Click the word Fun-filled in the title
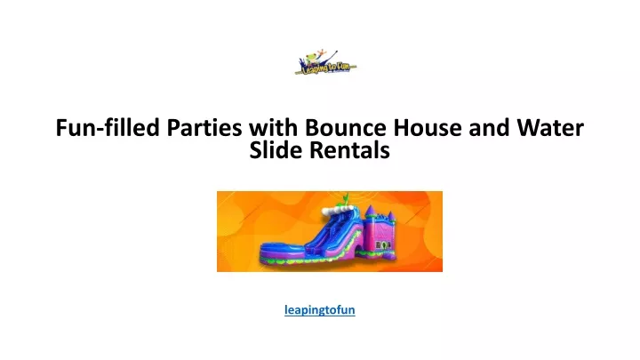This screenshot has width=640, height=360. pyautogui.click(x=108, y=127)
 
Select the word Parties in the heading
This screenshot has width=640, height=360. pyautogui.click(x=204, y=127)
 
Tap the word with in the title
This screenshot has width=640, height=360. pyautogui.click(x=274, y=127)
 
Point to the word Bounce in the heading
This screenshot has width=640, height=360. pyautogui.click(x=345, y=127)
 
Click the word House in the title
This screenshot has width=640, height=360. pyautogui.click(x=428, y=127)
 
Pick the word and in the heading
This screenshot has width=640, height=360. pyautogui.click(x=489, y=127)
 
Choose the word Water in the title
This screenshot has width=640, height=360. pyautogui.click(x=550, y=127)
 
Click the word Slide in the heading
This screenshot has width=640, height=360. pyautogui.click(x=276, y=150)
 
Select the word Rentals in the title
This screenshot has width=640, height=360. pyautogui.click(x=350, y=150)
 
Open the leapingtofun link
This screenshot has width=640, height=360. pyautogui.click(x=320, y=310)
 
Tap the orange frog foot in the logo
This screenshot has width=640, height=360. pyautogui.click(x=322, y=52)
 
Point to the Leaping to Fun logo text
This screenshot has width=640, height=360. pyautogui.click(x=325, y=68)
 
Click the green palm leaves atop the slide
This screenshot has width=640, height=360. pyautogui.click(x=345, y=199)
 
